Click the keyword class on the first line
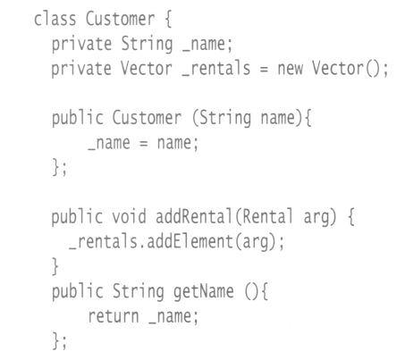(x=55, y=19)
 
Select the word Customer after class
(x=121, y=19)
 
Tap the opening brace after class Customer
(x=168, y=20)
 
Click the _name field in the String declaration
(x=207, y=44)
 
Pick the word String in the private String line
(x=147, y=44)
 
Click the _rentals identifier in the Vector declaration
(x=216, y=69)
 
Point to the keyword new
(x=291, y=69)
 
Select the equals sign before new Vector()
(x=264, y=70)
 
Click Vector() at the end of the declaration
(x=350, y=69)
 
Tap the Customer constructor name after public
(x=147, y=118)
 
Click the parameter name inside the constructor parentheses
(x=282, y=118)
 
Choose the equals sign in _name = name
(x=143, y=144)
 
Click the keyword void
(x=129, y=216)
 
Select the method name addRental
(x=194, y=216)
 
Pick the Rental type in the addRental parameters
(x=268, y=216)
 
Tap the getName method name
(x=204, y=291)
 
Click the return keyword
(x=114, y=316)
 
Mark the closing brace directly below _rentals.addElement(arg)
(x=55, y=266)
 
